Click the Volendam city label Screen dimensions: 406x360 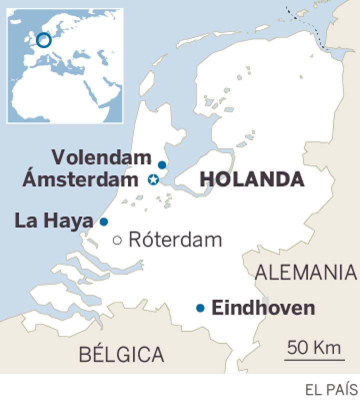101,158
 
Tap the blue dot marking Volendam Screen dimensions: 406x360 162,165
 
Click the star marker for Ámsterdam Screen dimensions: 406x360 153,179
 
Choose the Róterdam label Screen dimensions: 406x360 175,240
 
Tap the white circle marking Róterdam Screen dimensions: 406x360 118,240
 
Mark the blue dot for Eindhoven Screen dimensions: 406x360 200,308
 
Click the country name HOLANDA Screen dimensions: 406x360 252,179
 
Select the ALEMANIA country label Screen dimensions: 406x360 305,273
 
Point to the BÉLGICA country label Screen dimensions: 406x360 121,354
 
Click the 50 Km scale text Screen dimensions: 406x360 314,346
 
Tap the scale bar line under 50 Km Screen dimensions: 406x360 314,358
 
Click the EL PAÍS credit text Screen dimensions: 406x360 332,389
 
